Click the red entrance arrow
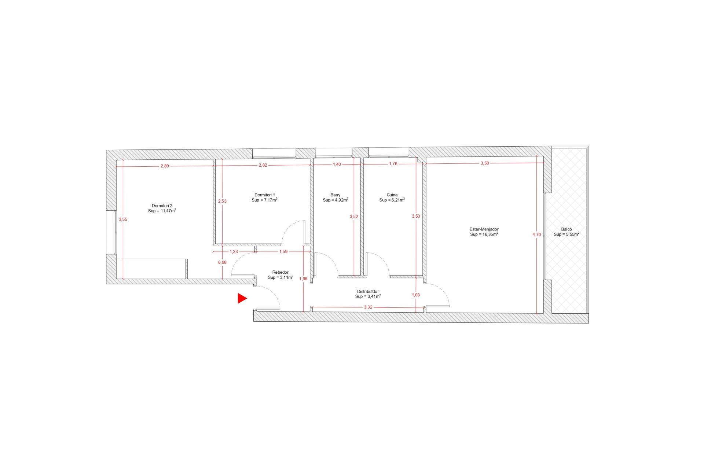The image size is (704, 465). point(242,298)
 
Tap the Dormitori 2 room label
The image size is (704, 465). point(162,206)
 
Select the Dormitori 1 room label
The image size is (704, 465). point(264,195)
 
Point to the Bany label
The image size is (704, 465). point(335,195)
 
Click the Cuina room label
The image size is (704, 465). point(392,195)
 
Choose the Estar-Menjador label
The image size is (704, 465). point(484,229)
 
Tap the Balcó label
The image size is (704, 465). point(566,229)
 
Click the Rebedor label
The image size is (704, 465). point(280,272)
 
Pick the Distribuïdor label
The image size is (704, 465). point(368,291)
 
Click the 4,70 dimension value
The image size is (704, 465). point(536,235)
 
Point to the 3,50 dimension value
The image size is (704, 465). point(484,163)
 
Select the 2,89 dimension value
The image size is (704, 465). point(165,166)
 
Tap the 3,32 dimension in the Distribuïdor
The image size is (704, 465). point(368,307)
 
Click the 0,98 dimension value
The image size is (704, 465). point(222,262)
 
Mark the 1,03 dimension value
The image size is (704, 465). point(415,295)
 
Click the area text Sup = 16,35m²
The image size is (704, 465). point(484,234)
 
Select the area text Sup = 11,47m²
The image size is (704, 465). point(162,211)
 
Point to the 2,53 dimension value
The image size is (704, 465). point(222,201)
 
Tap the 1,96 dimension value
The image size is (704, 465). point(303,278)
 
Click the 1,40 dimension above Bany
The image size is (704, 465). point(337,164)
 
